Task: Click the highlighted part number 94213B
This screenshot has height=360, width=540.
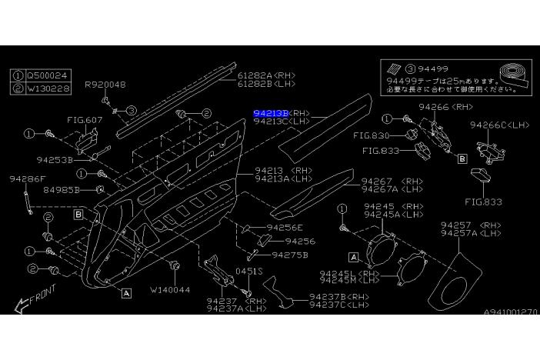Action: (x=271, y=112)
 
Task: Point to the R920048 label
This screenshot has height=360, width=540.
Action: (x=105, y=85)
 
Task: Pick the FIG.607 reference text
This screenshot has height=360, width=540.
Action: (x=85, y=120)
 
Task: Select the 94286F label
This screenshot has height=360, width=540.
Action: (x=28, y=178)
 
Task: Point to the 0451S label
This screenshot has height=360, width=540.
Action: (x=249, y=272)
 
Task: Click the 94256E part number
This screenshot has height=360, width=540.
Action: (x=285, y=228)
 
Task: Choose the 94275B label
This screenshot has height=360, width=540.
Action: (x=289, y=255)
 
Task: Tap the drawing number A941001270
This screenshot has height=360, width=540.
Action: (x=511, y=312)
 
